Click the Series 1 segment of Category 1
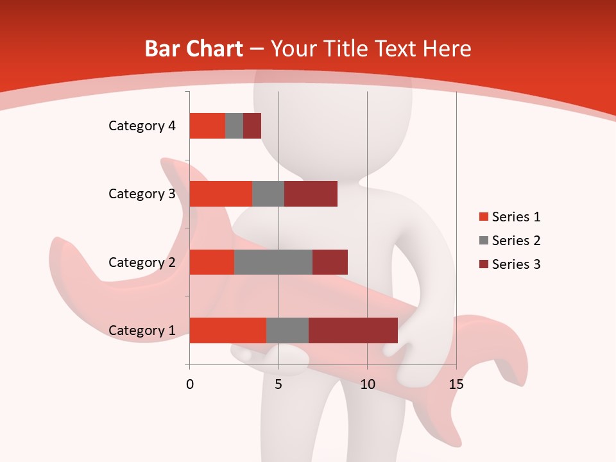click(x=228, y=330)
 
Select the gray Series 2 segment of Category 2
click(x=273, y=262)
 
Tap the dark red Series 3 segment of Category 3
click(x=311, y=194)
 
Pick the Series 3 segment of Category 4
click(x=252, y=126)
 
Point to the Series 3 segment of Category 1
click(x=353, y=330)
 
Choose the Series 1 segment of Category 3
click(x=221, y=194)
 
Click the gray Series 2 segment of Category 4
click(x=234, y=126)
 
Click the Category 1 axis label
click(x=142, y=330)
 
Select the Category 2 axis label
click(x=142, y=262)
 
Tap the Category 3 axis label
click(x=142, y=194)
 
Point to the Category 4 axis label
click(x=142, y=126)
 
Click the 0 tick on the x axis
click(x=190, y=384)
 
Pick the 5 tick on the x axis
click(x=278, y=384)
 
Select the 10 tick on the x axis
click(x=367, y=384)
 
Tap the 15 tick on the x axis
click(x=456, y=384)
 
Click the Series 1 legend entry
click(x=510, y=217)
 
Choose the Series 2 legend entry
click(x=510, y=241)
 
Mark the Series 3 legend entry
click(x=510, y=264)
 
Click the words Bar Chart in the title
click(x=194, y=49)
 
